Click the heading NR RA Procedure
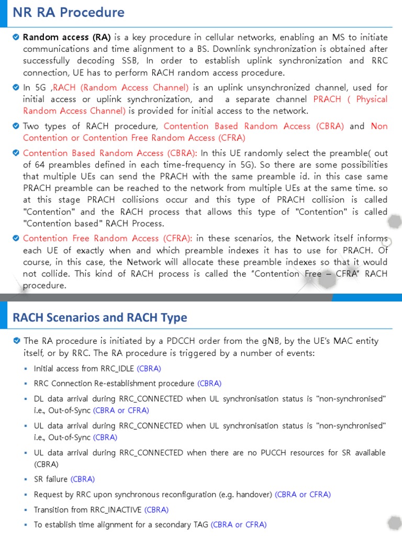(x=69, y=13)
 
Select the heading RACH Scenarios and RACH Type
(x=99, y=317)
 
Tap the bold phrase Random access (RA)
(x=66, y=37)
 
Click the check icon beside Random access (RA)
(x=16, y=37)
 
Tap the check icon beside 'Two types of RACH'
(x=16, y=126)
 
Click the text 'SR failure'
(x=51, y=479)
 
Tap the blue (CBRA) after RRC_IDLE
(x=149, y=368)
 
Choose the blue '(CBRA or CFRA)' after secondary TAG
(x=238, y=524)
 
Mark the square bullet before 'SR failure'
(x=26, y=479)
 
